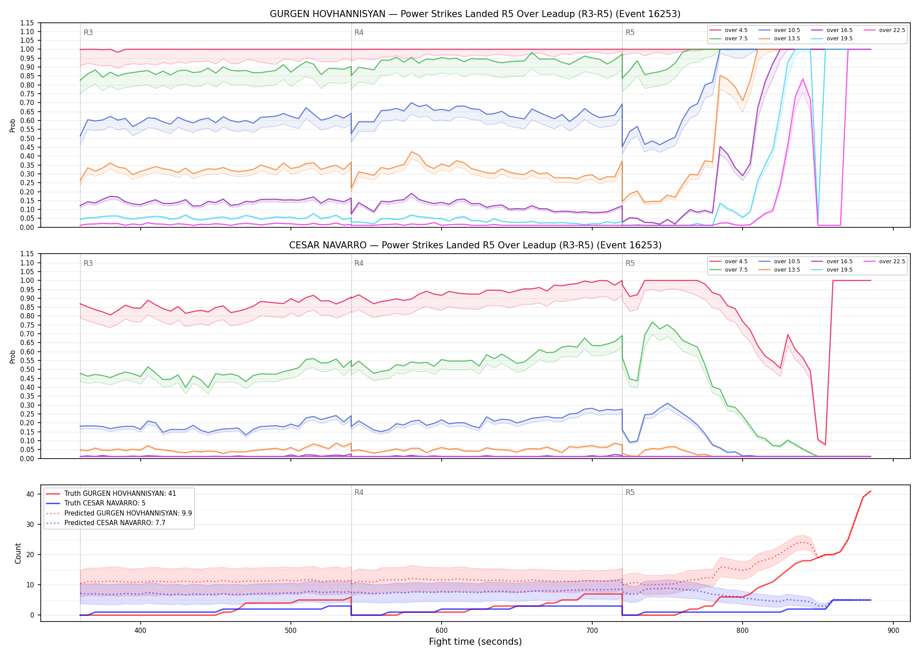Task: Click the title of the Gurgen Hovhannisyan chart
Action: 475,14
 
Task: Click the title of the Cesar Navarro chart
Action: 475,245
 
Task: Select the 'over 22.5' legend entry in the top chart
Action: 885,30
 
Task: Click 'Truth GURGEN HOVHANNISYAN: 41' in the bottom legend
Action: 111,494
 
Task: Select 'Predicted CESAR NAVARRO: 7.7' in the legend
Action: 106,523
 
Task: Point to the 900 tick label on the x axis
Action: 893,631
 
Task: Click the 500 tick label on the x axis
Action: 291,631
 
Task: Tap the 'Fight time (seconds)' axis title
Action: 475,642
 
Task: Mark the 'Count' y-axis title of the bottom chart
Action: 18,553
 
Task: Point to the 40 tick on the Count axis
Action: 30,494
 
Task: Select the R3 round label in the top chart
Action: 88,32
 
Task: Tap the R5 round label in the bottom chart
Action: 630,492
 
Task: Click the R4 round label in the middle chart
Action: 359,263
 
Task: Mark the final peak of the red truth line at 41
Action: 870,491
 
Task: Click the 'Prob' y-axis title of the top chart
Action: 13,126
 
